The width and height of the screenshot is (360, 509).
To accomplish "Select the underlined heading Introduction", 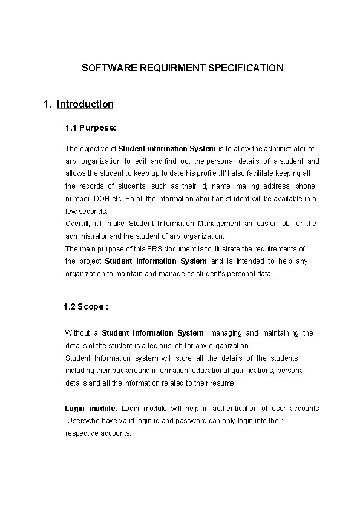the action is point(85,104).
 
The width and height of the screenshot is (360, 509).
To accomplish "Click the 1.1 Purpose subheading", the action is point(91,128).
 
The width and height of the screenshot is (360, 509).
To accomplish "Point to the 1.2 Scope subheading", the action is point(86,306).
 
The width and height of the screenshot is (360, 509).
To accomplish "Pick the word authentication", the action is point(229,409).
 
